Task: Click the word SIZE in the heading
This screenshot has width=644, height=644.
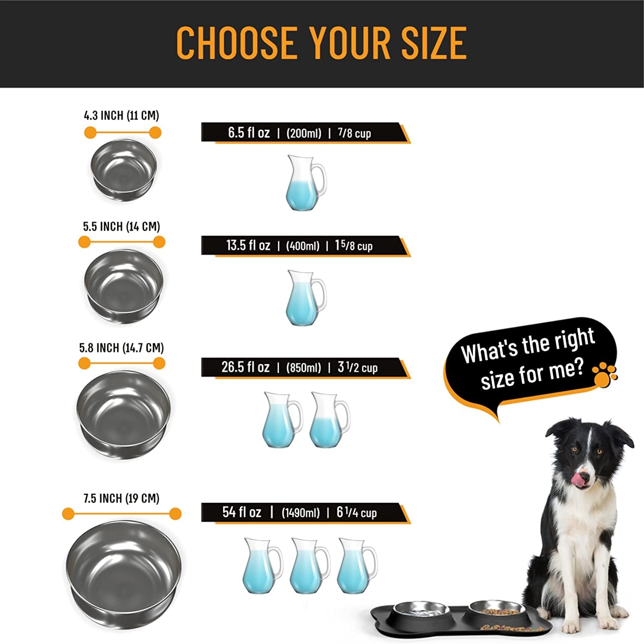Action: click(434, 43)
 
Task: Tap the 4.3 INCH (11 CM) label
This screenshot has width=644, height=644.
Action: click(122, 116)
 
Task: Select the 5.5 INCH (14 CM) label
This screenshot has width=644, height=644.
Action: click(122, 226)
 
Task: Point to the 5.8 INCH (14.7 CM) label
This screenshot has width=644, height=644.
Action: click(122, 348)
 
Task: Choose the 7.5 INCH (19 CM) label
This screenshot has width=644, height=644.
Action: click(122, 498)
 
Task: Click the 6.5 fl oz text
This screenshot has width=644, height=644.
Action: click(249, 133)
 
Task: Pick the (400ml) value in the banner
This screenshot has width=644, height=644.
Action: click(303, 246)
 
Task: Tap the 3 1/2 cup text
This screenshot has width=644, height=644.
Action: click(357, 368)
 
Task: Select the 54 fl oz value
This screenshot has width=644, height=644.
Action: click(242, 512)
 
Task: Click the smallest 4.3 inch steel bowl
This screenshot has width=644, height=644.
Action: click(124, 170)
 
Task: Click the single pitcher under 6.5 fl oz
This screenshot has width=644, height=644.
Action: click(305, 183)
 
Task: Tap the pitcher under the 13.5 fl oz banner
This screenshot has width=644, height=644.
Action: click(305, 297)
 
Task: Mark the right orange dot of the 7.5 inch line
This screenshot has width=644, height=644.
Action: click(175, 514)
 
